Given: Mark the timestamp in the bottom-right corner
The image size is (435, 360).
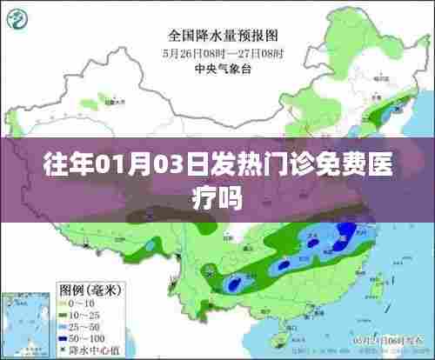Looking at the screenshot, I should point(384,340).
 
